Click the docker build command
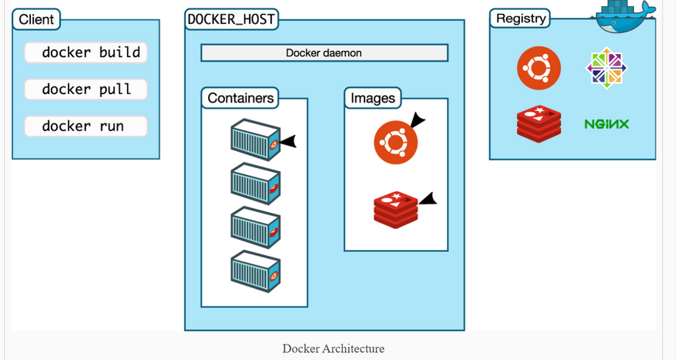click(x=86, y=52)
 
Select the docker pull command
click(x=86, y=89)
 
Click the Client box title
click(x=36, y=19)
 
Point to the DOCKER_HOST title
click(x=231, y=19)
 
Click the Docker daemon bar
click(x=324, y=53)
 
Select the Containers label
click(x=240, y=98)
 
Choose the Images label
click(x=372, y=98)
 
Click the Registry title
click(x=521, y=19)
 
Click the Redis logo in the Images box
click(x=395, y=209)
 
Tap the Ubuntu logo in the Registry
click(x=539, y=68)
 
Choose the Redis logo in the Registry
click(x=539, y=124)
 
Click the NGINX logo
click(x=606, y=124)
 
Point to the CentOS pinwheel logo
click(x=607, y=68)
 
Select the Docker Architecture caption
click(x=333, y=348)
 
